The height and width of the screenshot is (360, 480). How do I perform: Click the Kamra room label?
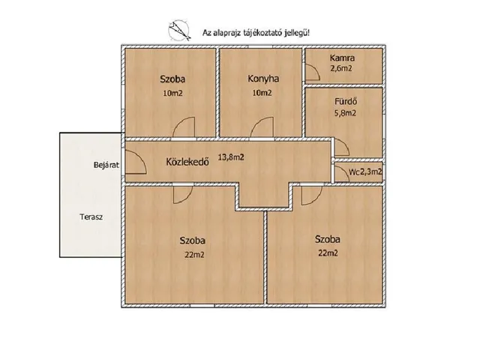coord(342,58)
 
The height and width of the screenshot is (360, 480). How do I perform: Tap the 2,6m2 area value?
coord(341,68)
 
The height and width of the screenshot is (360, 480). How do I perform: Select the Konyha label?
coord(263,79)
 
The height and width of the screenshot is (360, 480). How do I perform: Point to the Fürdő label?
coord(346,101)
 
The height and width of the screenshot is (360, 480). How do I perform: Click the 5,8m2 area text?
coord(345,113)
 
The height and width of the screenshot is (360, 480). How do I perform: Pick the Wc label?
coord(354,172)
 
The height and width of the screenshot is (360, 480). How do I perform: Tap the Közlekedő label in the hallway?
coord(187,162)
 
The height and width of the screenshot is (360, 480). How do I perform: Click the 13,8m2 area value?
coord(231,157)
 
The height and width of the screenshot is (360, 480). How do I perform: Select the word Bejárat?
coord(106,165)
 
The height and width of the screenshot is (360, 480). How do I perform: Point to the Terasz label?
coord(91,217)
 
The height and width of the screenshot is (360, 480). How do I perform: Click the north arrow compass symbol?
coord(179,31)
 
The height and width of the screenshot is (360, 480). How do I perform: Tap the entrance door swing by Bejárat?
coord(136,162)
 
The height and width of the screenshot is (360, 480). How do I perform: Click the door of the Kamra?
coord(312,72)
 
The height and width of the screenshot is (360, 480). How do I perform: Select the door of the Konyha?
coord(262,127)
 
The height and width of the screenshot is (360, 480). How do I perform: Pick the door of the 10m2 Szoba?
coord(184,127)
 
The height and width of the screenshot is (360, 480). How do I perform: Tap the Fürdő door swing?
coord(342,147)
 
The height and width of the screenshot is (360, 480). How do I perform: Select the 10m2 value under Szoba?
coord(172,93)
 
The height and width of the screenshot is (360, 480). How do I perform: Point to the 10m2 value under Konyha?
coord(262,92)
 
